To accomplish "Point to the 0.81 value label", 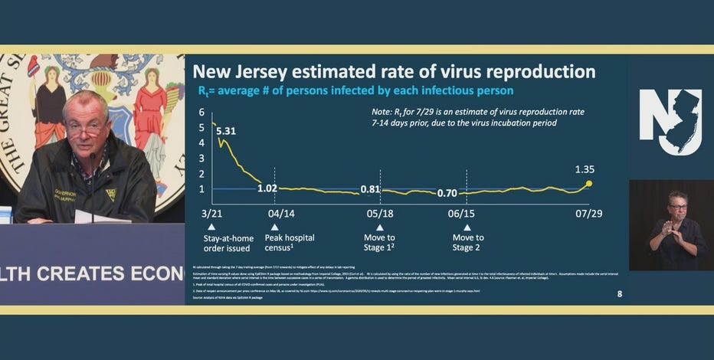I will [x=370, y=189].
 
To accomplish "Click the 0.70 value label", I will [x=447, y=194].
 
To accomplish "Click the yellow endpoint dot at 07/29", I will [x=588, y=183].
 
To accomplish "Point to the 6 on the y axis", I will [x=201, y=112].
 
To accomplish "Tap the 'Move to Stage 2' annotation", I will [x=468, y=243].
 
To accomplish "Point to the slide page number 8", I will [x=620, y=293].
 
